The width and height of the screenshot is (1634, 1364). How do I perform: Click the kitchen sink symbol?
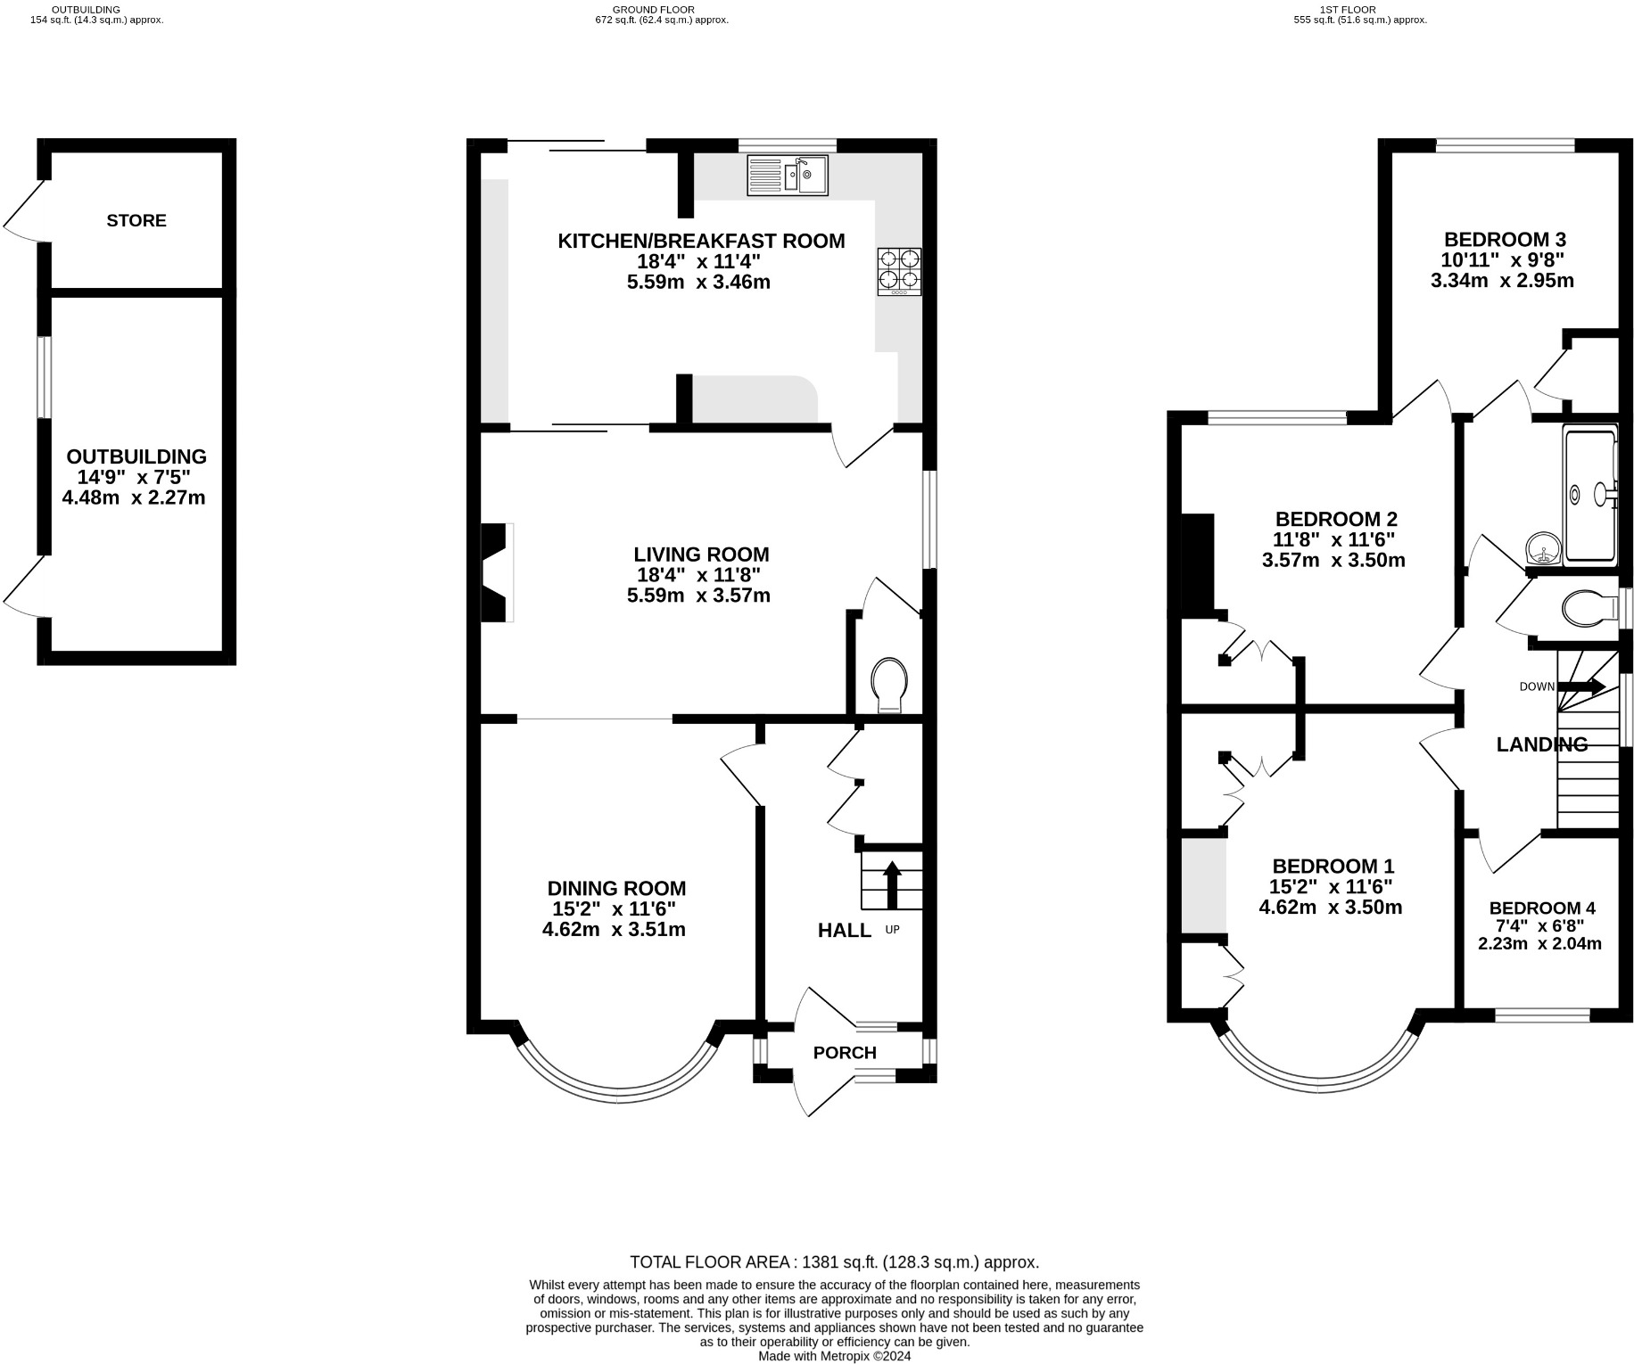point(788,175)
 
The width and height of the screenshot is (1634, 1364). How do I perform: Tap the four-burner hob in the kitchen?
point(899,271)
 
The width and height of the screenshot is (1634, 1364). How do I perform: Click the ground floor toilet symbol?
point(890,685)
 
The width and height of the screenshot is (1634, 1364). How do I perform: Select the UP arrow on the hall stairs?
point(891,883)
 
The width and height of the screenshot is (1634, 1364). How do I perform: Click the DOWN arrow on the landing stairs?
point(1581,686)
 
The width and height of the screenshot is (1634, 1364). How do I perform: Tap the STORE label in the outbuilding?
point(136,220)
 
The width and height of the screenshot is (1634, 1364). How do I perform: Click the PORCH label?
point(845,1053)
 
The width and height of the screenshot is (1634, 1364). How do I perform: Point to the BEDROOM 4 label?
point(1541,908)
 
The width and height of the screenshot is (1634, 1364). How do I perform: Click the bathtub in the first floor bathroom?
point(1591,496)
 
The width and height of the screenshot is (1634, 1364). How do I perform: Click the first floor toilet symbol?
point(1589,609)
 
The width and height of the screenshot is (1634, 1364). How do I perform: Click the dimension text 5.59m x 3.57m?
point(698,596)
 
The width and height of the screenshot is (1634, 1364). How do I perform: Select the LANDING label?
point(1541,744)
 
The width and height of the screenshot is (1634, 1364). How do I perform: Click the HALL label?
point(844,931)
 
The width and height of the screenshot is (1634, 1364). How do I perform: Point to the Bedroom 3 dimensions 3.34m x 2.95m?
point(1502,281)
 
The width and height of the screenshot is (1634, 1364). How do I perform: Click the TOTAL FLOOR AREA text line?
point(834,1262)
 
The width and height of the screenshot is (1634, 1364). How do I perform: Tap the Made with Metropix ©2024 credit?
point(834,1356)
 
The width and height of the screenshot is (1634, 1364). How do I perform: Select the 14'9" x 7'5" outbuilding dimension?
point(134,477)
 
